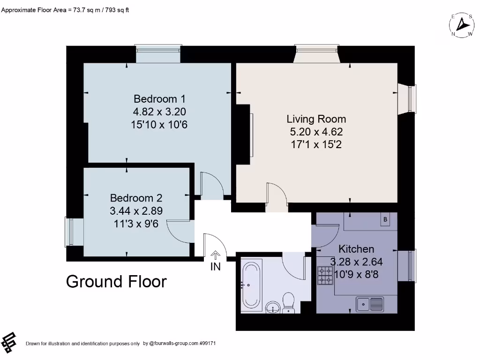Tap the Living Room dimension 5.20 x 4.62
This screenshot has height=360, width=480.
coord(316,132)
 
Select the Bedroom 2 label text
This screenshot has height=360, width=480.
coord(136,198)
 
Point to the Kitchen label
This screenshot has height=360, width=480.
coord(356,249)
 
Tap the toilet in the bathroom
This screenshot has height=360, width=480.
coord(288,302)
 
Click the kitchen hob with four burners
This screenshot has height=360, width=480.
coord(324,276)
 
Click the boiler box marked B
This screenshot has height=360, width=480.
coord(385,219)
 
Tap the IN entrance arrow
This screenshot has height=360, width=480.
coord(215,255)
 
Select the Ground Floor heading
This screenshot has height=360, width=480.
coord(116,282)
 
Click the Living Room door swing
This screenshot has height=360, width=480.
coord(277,195)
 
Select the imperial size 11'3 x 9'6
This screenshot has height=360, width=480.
coord(136,224)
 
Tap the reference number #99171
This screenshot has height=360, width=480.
coord(207,344)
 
